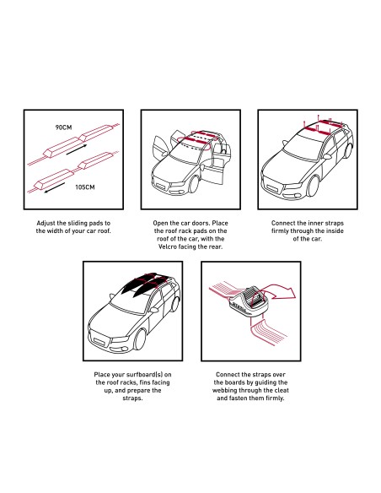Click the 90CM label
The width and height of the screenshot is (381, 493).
[x=64, y=127]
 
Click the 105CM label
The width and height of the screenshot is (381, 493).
[x=85, y=187]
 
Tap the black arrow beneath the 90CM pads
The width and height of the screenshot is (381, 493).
[x=77, y=149]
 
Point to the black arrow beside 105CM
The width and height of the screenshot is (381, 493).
[x=55, y=187]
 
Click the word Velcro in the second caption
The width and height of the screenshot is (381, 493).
[x=168, y=246]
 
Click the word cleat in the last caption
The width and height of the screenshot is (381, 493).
[x=282, y=391]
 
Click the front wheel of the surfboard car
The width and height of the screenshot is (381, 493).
[x=140, y=339]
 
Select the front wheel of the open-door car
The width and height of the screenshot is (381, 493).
[x=194, y=185]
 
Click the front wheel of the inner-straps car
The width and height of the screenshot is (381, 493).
[x=313, y=187]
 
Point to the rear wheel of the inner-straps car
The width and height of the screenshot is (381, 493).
[x=348, y=150]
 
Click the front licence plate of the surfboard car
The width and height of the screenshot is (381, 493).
[x=100, y=342]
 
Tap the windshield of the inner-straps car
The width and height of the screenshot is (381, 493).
[x=303, y=147]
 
